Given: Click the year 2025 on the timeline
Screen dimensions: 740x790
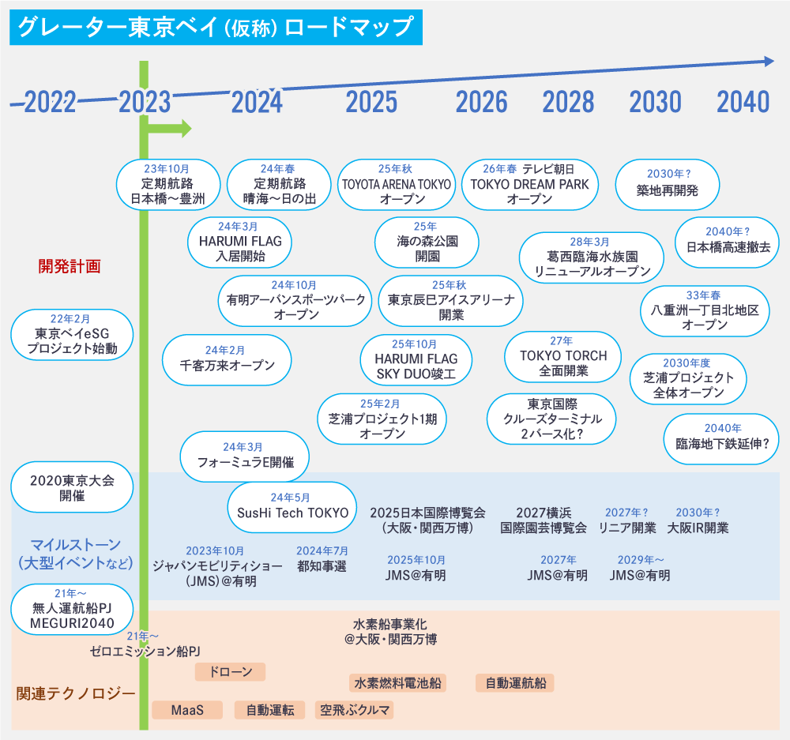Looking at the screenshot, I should click(371, 101).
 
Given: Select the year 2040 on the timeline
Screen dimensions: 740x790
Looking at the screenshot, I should click(743, 101).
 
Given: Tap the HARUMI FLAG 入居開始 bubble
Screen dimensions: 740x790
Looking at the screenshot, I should click(239, 242).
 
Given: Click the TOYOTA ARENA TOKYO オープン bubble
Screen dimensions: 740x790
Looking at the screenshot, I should click(396, 185).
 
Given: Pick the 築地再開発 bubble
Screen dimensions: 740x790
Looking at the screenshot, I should click(667, 185).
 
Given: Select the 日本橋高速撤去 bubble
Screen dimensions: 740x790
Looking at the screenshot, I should click(728, 240).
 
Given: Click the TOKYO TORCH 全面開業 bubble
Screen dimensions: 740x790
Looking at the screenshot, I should click(562, 356).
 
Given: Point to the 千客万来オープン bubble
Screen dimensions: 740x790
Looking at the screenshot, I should click(227, 359).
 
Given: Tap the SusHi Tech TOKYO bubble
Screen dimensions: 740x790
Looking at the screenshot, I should click(292, 506).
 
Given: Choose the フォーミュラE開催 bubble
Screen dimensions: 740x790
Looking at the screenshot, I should click(244, 456).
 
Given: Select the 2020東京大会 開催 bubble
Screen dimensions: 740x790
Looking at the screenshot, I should click(72, 487).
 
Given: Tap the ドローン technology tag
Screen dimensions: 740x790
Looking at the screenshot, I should click(230, 672).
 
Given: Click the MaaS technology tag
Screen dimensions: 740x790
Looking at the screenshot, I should click(187, 710).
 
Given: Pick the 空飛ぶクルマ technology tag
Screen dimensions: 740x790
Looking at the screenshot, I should click(355, 710).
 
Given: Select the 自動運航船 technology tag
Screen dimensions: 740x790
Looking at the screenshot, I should click(515, 683).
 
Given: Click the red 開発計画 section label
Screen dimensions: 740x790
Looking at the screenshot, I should click(70, 266).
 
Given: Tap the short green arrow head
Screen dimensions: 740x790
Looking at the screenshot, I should click(186, 128).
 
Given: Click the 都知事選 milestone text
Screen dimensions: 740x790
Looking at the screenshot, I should click(322, 566).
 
